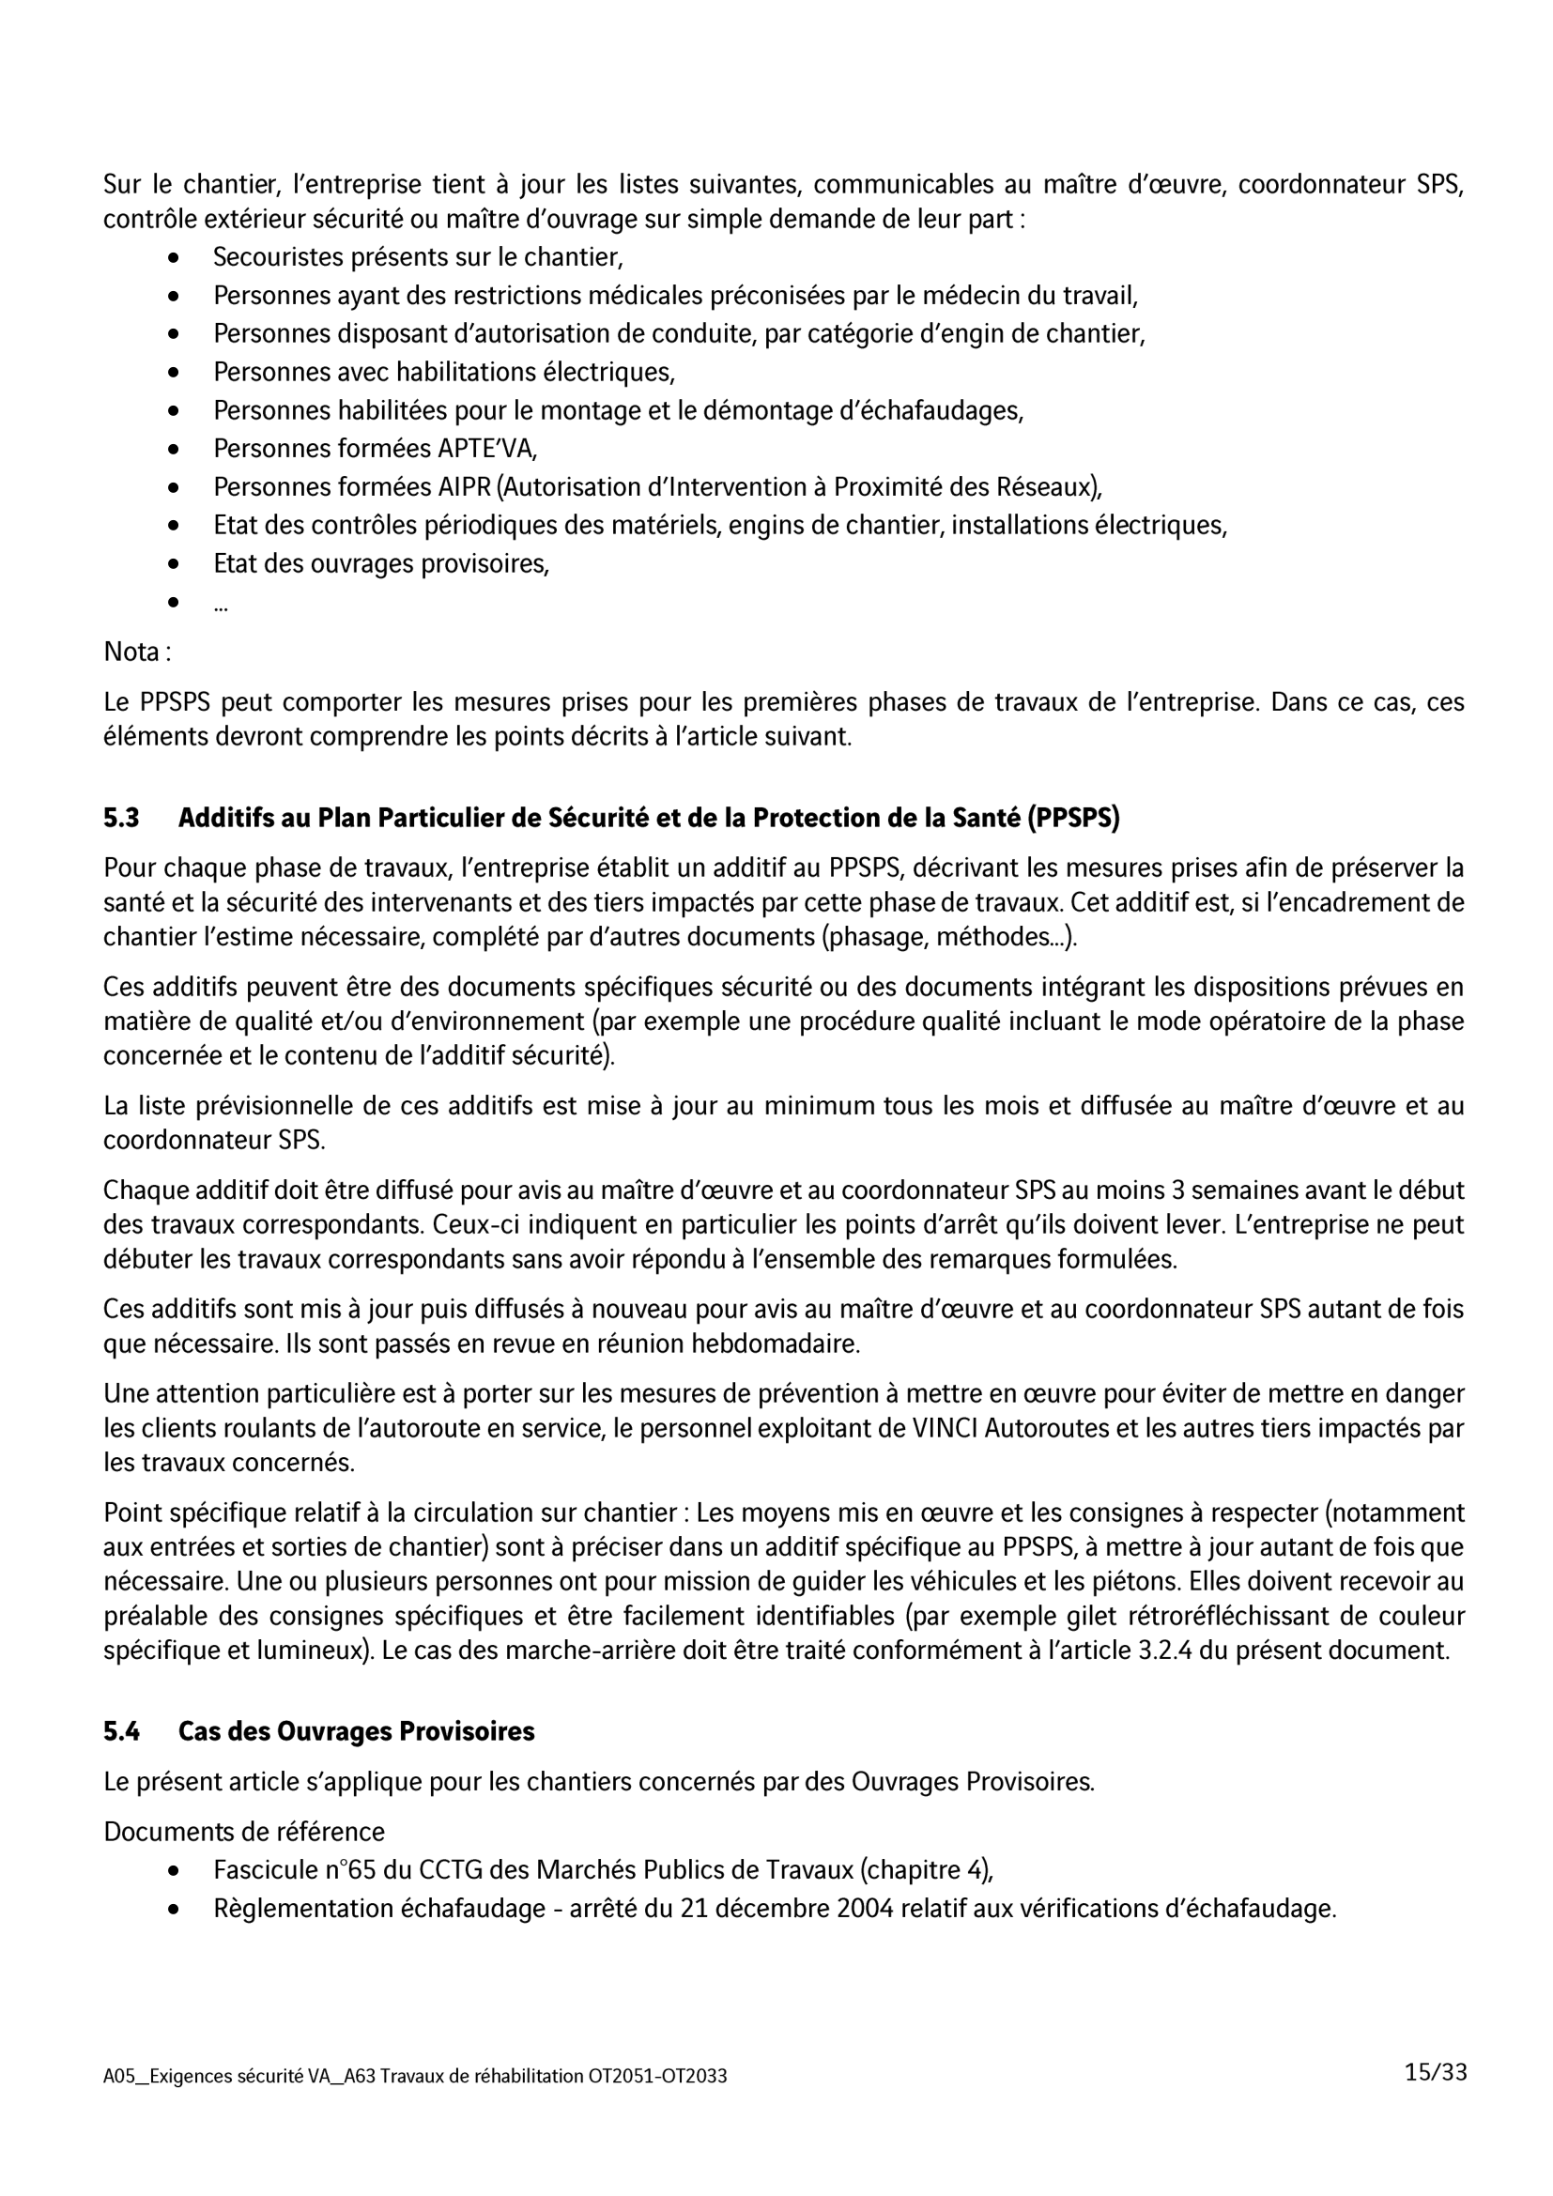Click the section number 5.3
tap(121, 818)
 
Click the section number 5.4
tap(121, 1731)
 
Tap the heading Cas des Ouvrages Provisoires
tap(356, 1731)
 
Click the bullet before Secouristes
tap(173, 257)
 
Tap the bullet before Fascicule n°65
tap(173, 1870)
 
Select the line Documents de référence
tap(244, 1832)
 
